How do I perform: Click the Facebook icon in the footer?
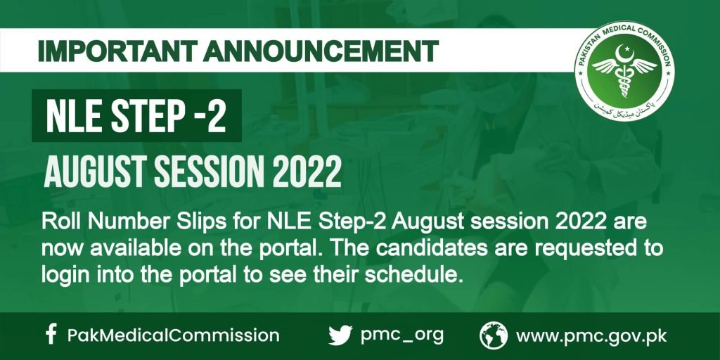click(x=50, y=335)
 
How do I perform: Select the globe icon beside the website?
click(x=494, y=335)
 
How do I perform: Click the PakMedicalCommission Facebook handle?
click(x=173, y=335)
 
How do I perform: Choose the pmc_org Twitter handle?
click(x=402, y=335)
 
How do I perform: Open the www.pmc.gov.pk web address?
click(x=591, y=335)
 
